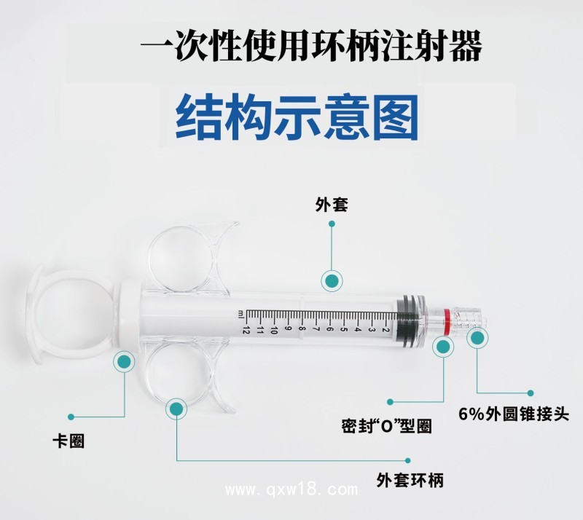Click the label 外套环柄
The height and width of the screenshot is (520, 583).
point(410,481)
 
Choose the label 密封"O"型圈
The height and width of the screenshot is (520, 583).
point(386,425)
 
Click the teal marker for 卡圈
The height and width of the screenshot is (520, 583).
point(124,361)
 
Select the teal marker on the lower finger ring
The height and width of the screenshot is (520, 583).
point(176,409)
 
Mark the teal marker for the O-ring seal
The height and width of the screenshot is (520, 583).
point(442,347)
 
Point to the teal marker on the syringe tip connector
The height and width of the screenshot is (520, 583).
point(477,337)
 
